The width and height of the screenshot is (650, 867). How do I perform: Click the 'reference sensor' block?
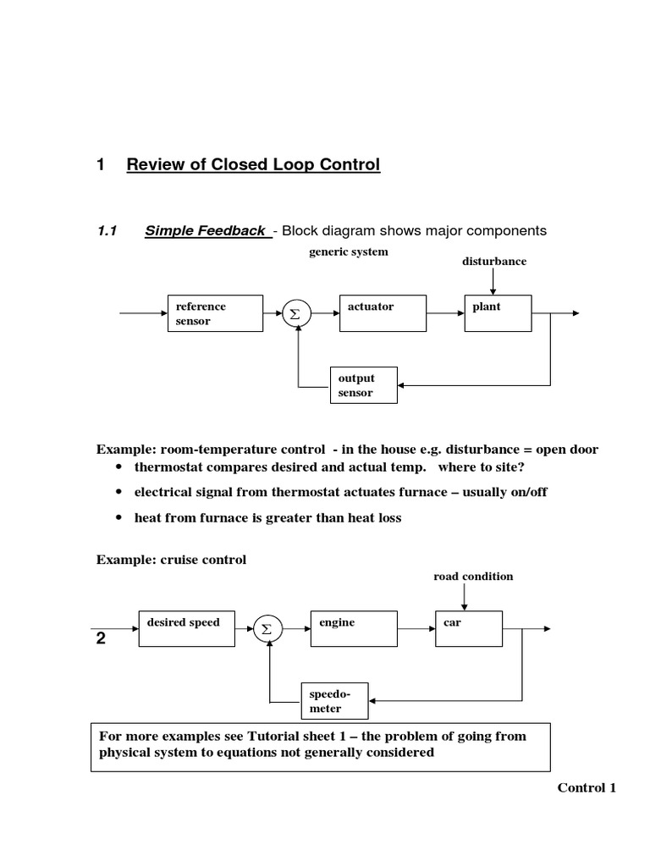[214, 313]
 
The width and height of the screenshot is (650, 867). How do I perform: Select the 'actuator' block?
[382, 313]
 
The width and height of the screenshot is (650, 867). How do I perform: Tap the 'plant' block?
[499, 313]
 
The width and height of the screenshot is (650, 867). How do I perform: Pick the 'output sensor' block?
[362, 385]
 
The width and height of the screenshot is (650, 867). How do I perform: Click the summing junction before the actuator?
[295, 314]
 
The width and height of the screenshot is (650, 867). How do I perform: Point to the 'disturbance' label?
[493, 262]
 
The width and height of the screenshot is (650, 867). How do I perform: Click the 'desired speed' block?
[185, 628]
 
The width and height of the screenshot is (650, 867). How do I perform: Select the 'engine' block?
[354, 628]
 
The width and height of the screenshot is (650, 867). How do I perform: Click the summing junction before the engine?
[267, 629]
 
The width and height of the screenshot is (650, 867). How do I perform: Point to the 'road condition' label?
[473, 577]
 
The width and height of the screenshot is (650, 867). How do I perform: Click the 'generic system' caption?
[349, 251]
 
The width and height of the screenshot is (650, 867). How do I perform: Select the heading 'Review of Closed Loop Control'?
[253, 164]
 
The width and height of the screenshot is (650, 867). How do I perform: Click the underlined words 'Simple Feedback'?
[205, 230]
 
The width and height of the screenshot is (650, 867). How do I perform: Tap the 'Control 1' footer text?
[587, 788]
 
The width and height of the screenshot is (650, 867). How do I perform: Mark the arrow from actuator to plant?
[444, 314]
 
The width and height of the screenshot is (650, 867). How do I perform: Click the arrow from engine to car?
[416, 629]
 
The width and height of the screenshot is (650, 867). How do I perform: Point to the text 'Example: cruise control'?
[172, 560]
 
